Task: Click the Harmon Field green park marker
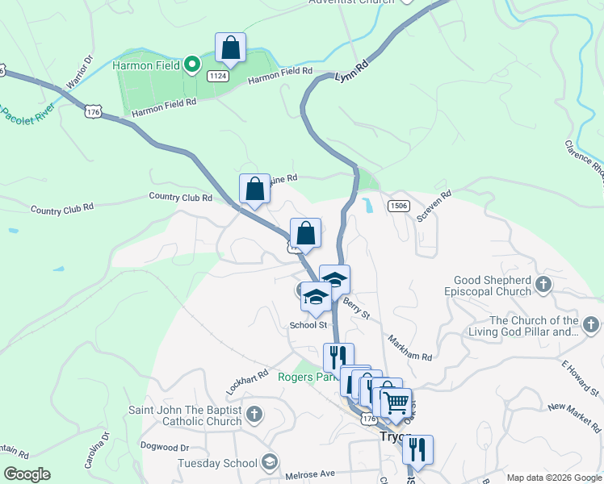pyautogui.click(x=191, y=65)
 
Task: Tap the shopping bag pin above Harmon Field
pyautogui.click(x=231, y=48)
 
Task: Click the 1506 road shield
pyautogui.click(x=397, y=207)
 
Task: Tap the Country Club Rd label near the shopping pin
pyautogui.click(x=180, y=197)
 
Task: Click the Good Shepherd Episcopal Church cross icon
pyautogui.click(x=543, y=284)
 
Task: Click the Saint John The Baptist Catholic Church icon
pyautogui.click(x=254, y=415)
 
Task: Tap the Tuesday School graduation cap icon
pyautogui.click(x=270, y=462)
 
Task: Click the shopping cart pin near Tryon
pyautogui.click(x=396, y=403)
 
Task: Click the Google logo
pyautogui.click(x=27, y=474)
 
